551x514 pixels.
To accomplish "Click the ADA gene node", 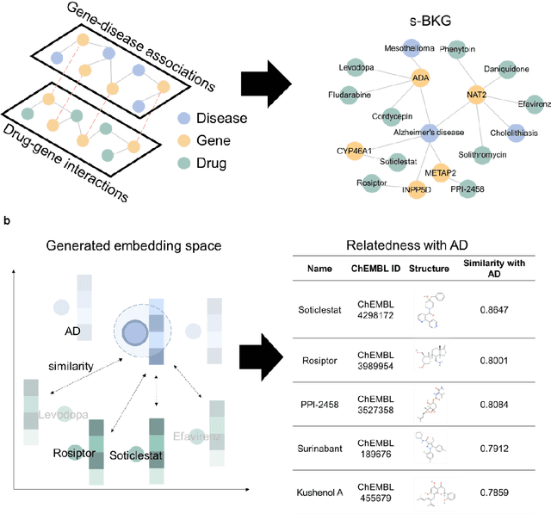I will pos(422,77).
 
